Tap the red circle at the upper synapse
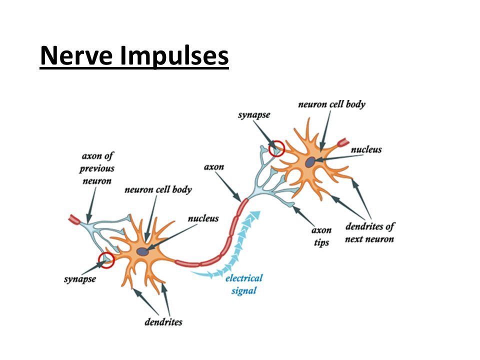pyautogui.click(x=275, y=148)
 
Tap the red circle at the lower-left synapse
pyautogui.click(x=106, y=260)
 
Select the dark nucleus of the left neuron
pyautogui.click(x=145, y=252)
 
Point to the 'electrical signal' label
pyautogui.click(x=243, y=284)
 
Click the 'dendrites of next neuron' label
pyautogui.click(x=369, y=232)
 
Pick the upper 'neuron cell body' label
pyautogui.click(x=331, y=104)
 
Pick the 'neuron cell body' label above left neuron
pyautogui.click(x=158, y=190)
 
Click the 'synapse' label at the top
pyautogui.click(x=254, y=115)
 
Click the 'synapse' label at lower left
pyautogui.click(x=80, y=278)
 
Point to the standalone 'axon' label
pyautogui.click(x=213, y=166)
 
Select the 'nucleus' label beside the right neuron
pyautogui.click(x=366, y=149)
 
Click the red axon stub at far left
pyautogui.click(x=75, y=218)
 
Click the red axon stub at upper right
pyautogui.click(x=344, y=143)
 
